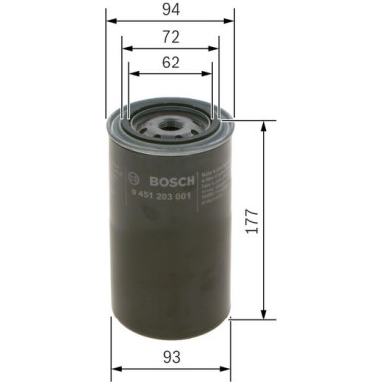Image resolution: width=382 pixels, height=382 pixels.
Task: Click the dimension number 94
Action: click(x=170, y=11)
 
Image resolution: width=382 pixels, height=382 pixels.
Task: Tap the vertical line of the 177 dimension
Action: click(x=263, y=248)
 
